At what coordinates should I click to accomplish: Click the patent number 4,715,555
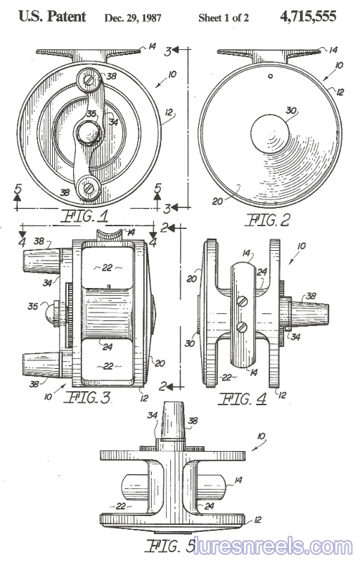click(308, 16)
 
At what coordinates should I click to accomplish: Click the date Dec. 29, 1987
click(133, 18)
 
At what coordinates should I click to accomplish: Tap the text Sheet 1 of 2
click(224, 18)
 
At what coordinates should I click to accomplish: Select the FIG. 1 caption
click(85, 216)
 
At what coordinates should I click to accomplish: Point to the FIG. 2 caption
click(267, 220)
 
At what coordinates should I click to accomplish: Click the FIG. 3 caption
click(88, 398)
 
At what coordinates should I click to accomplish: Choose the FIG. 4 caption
click(243, 398)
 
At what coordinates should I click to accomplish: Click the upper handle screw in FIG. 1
click(89, 79)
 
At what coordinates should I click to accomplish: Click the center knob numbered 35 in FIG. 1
click(89, 133)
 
